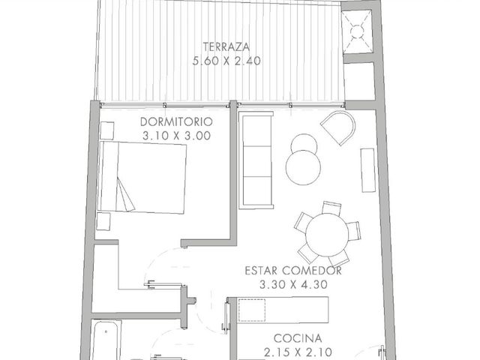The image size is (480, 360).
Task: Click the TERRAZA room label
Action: tap(226, 46)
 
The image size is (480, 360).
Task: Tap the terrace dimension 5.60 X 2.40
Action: tap(226, 61)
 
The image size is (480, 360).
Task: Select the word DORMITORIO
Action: tap(176, 121)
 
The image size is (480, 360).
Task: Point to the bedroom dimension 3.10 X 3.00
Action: tap(177, 136)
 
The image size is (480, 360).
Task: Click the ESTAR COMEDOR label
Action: tap(293, 271)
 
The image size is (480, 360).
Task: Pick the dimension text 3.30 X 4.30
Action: tap(293, 285)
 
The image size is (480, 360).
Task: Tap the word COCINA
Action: tap(298, 338)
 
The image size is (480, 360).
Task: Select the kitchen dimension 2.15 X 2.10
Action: tap(298, 352)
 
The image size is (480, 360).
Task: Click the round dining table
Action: tap(327, 235)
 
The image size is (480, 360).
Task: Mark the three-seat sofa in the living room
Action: tap(256, 160)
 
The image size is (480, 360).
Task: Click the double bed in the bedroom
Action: tap(142, 177)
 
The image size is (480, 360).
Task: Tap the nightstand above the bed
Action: tap(107, 130)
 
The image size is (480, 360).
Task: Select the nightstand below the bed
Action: tap(103, 222)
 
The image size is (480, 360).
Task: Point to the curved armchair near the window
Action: tap(339, 127)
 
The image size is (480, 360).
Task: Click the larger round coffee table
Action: tap(303, 167)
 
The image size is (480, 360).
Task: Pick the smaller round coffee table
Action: tap(304, 145)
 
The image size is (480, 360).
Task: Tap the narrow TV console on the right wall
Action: tap(368, 170)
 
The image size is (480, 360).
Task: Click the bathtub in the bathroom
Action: tap(106, 340)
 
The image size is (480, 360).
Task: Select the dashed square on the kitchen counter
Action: tap(252, 310)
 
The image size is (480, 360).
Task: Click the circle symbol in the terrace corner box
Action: tap(357, 31)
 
